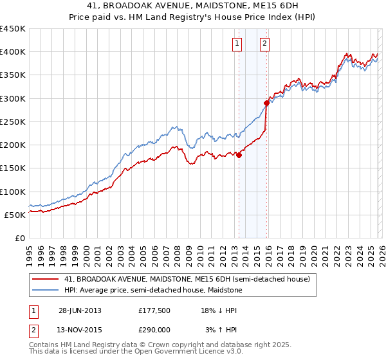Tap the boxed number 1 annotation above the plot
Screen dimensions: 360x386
237,44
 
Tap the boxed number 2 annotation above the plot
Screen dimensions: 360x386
264,44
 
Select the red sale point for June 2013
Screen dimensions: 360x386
239,155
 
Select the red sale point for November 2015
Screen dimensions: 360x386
266,102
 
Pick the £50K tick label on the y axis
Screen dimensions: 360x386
15,215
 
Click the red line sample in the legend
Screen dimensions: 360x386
46,280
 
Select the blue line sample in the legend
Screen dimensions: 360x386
46,290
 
